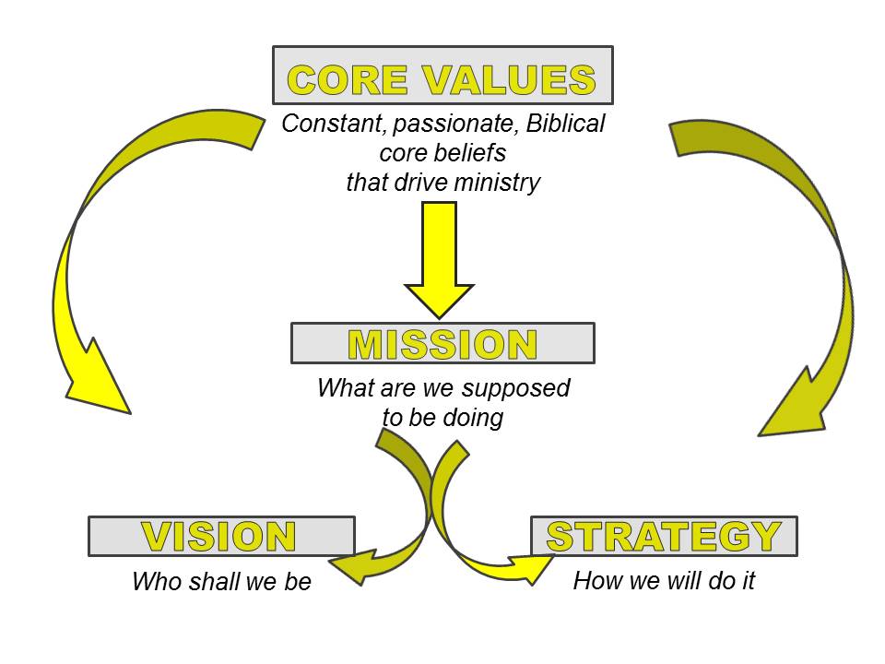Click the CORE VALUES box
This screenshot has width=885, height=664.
[442, 75]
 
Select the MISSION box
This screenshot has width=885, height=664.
[442, 343]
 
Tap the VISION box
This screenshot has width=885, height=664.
[222, 536]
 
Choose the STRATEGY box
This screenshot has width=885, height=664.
[664, 536]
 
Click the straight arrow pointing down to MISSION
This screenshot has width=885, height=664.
[439, 260]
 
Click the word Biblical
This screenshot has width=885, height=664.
[565, 124]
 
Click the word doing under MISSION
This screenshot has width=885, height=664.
[473, 419]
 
